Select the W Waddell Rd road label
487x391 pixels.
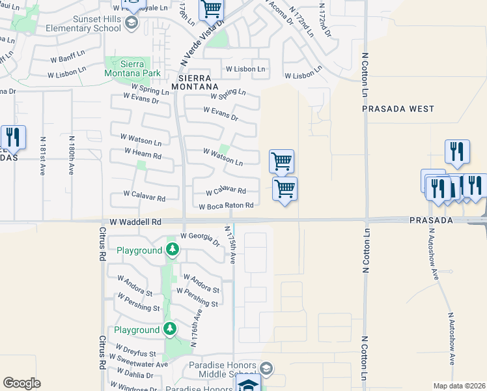coord(135,222)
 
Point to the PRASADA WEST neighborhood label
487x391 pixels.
coord(398,109)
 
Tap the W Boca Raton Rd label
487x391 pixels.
coord(225,206)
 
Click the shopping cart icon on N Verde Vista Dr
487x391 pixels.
coord(212,10)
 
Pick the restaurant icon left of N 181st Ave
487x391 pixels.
coord(13,137)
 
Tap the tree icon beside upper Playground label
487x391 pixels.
coord(172,250)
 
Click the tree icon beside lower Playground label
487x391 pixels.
coord(170,329)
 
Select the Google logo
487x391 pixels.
coord(21,383)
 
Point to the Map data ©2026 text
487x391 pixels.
coord(458,386)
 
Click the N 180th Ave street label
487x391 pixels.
coord(71,156)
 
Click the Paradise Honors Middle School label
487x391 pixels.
coord(223,370)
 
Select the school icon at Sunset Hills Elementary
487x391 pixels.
coord(132,24)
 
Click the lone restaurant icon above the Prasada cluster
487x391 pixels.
coord(457,151)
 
